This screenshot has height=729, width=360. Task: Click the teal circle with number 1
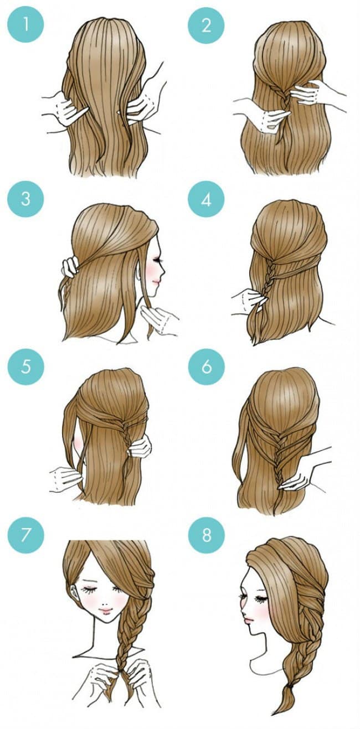[25, 25]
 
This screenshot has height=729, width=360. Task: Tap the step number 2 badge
[206, 25]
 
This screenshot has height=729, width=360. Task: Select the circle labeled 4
[206, 199]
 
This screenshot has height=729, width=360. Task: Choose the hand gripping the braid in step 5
[140, 446]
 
